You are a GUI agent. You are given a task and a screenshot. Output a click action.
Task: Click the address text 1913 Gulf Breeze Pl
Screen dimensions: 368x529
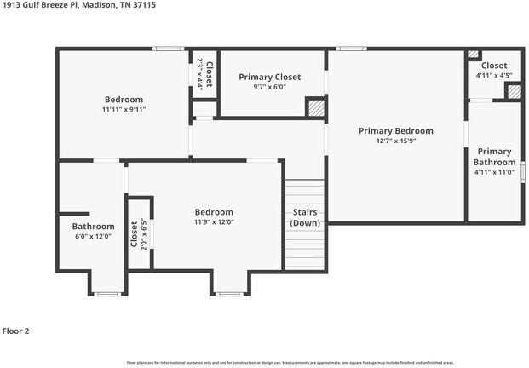tap(32, 4)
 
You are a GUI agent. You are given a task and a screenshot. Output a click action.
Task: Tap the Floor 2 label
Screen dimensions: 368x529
tap(17, 331)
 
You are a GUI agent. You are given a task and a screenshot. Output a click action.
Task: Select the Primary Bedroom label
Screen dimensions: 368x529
tap(395, 131)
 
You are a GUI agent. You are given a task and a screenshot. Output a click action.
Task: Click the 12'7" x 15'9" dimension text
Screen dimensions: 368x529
tap(395, 141)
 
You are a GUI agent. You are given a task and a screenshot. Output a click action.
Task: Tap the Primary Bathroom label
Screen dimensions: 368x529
tap(494, 157)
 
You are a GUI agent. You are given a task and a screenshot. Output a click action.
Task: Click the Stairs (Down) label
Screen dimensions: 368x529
tap(304, 217)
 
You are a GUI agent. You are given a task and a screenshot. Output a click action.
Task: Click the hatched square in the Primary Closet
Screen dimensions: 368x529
tap(316, 108)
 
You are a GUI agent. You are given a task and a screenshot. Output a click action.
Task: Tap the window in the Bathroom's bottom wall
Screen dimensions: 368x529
tap(106, 294)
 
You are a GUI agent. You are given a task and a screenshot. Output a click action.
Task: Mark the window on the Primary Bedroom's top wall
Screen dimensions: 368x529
tap(351, 49)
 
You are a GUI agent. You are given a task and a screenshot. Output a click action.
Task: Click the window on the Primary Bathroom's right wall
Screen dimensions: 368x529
tap(522, 170)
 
